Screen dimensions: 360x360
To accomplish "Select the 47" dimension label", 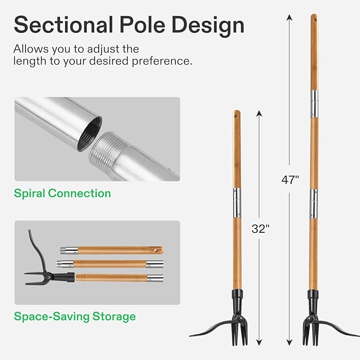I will coord(290,179).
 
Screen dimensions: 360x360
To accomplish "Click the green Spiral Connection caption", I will coord(63,193).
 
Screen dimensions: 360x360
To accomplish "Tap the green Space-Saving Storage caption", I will coord(75,317).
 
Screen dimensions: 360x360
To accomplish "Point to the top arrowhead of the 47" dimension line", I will coord(289,17).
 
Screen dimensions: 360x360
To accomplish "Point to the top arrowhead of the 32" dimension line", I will coord(259,113).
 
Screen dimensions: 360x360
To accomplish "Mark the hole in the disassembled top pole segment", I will coord(156,249).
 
